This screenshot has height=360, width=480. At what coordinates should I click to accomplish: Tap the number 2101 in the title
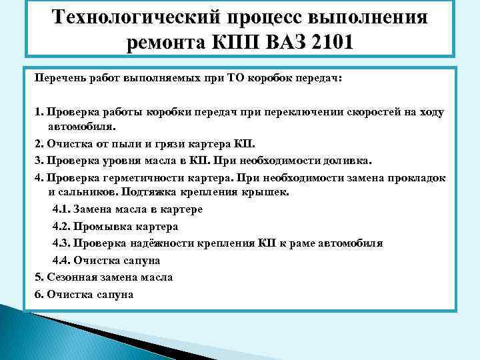click(327, 44)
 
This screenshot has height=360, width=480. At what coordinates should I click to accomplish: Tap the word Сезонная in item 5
click(70, 277)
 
